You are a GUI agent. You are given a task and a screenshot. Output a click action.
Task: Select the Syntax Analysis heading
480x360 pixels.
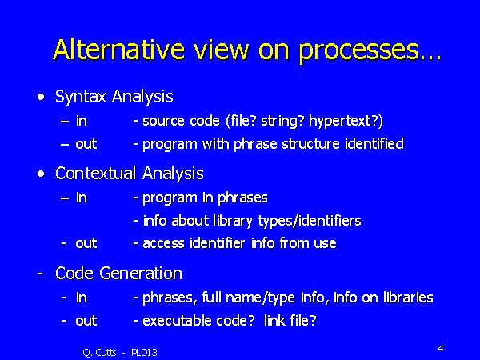pos(114,98)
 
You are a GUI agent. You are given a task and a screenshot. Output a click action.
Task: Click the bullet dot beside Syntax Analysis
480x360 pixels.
pos(40,97)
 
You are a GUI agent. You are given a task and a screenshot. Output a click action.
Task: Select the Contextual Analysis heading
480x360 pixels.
pos(129,174)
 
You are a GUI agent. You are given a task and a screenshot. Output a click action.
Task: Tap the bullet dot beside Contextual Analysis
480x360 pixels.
pos(40,173)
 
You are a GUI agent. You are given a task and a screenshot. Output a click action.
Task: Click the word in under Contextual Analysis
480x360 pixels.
pos(81,198)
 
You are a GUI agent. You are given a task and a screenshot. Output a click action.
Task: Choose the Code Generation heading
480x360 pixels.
pos(118,274)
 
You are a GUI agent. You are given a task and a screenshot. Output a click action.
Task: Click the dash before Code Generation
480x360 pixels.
pos(40,274)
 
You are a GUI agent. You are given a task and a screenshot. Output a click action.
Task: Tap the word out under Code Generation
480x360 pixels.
pos(86,321)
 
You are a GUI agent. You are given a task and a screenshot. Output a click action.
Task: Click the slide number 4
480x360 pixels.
pos(441,349)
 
